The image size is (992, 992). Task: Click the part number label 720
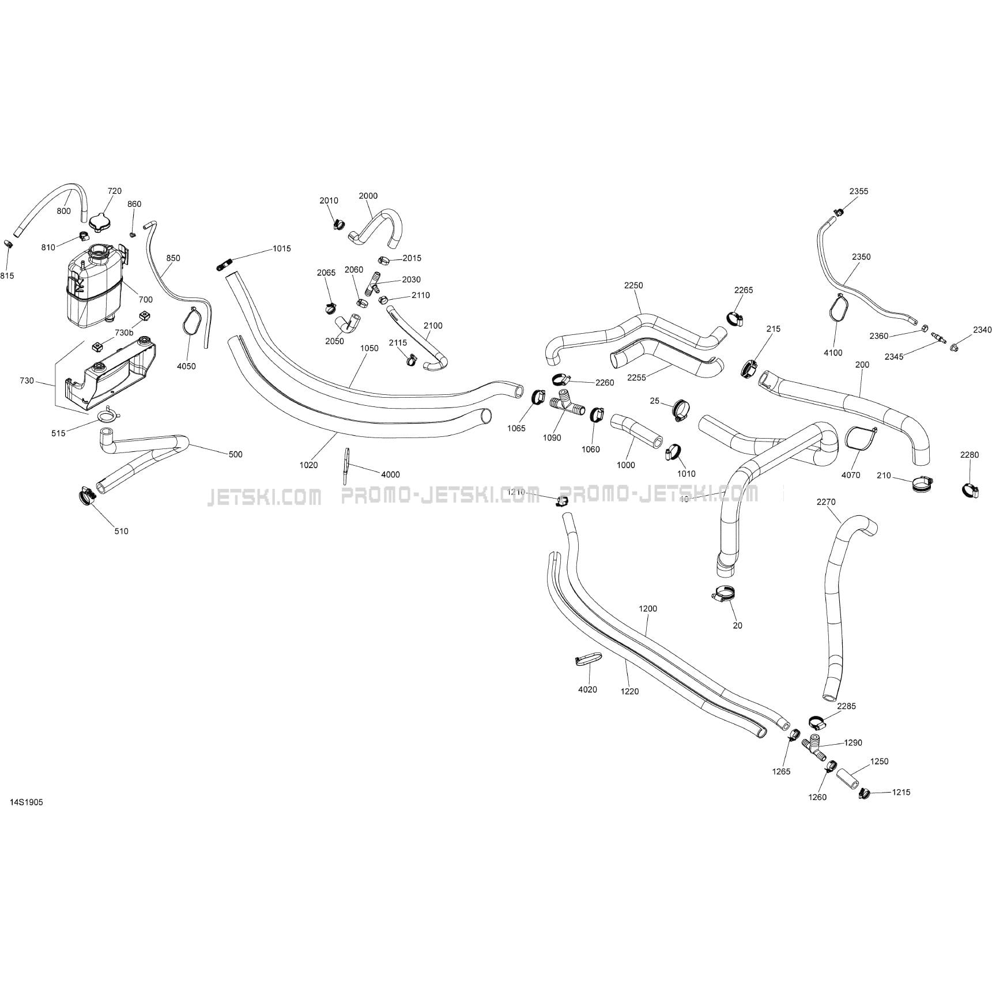point(115,191)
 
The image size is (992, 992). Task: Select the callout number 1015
point(282,248)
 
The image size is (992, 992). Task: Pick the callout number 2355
point(858,191)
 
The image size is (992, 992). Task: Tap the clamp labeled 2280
point(970,491)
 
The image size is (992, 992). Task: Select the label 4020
point(587,689)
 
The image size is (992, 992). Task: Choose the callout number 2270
point(826,502)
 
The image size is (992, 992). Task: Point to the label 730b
point(124,333)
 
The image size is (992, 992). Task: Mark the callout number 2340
point(982,330)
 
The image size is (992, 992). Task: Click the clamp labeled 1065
point(538,397)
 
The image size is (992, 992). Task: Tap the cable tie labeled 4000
point(346,465)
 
